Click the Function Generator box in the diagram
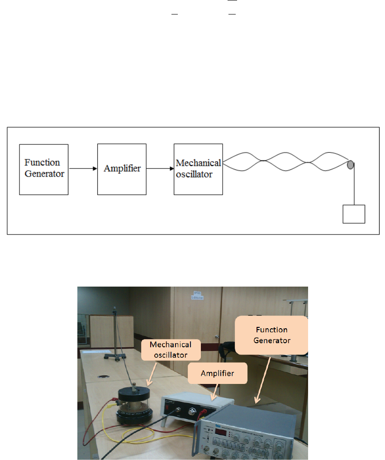point(43,169)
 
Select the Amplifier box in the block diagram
point(122,169)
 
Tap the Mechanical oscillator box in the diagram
point(198,169)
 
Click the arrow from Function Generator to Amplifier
point(83,169)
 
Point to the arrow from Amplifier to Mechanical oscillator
point(160,169)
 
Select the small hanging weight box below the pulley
point(354,214)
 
